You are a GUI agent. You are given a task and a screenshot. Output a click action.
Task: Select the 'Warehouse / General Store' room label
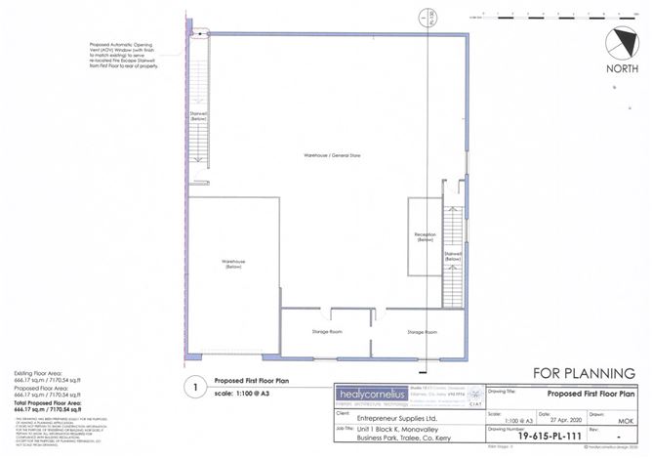(328, 155)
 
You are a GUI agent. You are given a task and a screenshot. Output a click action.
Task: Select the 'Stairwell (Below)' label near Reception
(453, 256)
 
